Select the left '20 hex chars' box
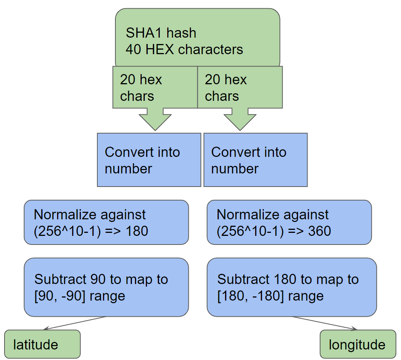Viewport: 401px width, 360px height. (x=155, y=88)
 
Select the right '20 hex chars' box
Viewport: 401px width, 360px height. (x=240, y=88)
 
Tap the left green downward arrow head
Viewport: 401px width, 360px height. (x=155, y=122)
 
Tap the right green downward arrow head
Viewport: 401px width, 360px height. (x=240, y=122)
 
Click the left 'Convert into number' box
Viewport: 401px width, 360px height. (x=149, y=160)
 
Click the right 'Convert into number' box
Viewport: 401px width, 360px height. (x=256, y=160)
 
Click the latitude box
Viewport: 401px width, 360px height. (x=42, y=344)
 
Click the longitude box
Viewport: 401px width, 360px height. (x=357, y=345)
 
